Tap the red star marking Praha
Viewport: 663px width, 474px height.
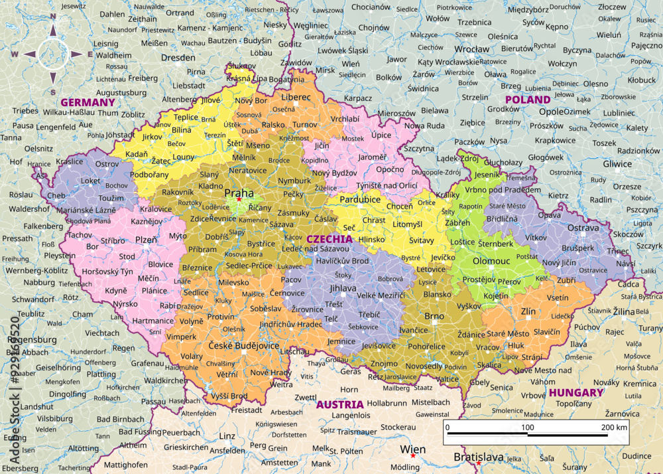click(239, 199)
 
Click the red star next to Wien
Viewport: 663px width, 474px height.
click(412, 456)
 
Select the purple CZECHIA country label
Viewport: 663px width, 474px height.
click(330, 238)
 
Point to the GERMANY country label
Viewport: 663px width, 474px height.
click(88, 102)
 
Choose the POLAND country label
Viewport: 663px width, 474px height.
click(528, 100)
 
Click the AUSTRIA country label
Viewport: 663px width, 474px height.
click(339, 404)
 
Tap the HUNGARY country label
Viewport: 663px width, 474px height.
click(576, 392)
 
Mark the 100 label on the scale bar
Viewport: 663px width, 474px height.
click(528, 427)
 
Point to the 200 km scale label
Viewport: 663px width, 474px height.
click(614, 427)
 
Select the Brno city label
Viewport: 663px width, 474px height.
click(434, 316)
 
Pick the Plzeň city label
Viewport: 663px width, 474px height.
click(147, 240)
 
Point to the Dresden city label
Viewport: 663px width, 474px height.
click(178, 58)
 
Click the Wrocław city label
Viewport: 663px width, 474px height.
click(472, 49)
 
